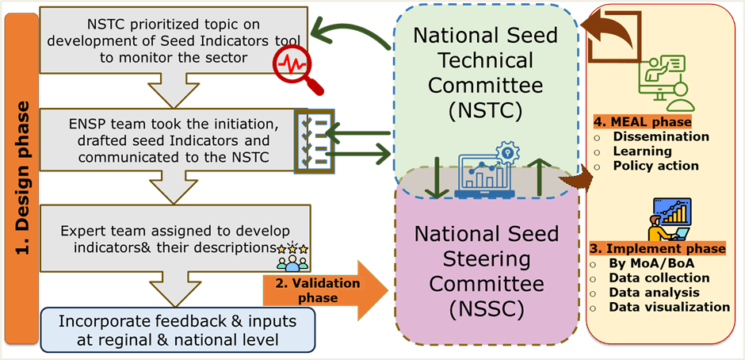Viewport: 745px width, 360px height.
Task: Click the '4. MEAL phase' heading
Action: [x=642, y=122]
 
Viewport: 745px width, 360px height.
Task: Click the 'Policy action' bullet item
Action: [x=655, y=166]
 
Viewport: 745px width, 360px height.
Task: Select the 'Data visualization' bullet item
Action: [x=669, y=307]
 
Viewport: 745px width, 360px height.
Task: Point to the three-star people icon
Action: [x=291, y=258]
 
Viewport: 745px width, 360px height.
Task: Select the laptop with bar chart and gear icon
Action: [x=485, y=170]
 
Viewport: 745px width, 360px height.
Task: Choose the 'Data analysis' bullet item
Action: [x=655, y=293]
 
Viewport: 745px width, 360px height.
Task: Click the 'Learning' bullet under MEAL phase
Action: [x=642, y=151]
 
